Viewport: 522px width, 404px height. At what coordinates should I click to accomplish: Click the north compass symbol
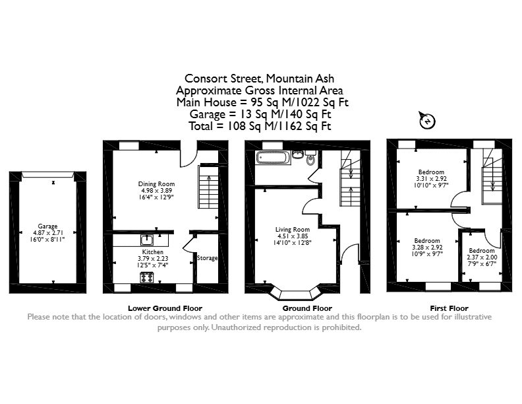click(x=427, y=120)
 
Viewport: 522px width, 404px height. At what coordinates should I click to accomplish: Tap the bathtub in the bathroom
click(x=273, y=157)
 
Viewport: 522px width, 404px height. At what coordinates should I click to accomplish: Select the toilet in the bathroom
click(x=310, y=158)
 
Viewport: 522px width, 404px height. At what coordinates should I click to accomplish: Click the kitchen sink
click(x=147, y=240)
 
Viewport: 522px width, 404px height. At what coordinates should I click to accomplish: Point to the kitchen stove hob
click(x=147, y=277)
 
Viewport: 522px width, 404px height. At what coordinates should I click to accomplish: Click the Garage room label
click(x=47, y=226)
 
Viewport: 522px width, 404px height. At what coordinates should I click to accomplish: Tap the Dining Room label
click(x=156, y=184)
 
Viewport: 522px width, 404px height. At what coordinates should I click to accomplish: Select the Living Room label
click(x=292, y=229)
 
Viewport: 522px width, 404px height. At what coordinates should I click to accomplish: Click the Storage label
click(x=207, y=258)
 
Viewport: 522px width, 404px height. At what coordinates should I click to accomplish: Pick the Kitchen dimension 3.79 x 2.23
click(x=153, y=258)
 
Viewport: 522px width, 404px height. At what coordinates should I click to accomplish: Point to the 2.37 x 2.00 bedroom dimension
click(x=482, y=257)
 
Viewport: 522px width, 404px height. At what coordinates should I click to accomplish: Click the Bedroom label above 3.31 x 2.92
click(x=431, y=172)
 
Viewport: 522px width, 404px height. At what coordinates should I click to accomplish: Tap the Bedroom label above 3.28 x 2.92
click(x=427, y=241)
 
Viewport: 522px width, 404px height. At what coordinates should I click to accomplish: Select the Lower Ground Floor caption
click(x=165, y=308)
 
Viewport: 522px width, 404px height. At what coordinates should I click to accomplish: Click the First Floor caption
click(x=449, y=308)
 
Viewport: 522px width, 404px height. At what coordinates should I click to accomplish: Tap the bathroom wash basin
click(x=298, y=154)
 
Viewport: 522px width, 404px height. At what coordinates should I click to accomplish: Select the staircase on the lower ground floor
click(x=208, y=187)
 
